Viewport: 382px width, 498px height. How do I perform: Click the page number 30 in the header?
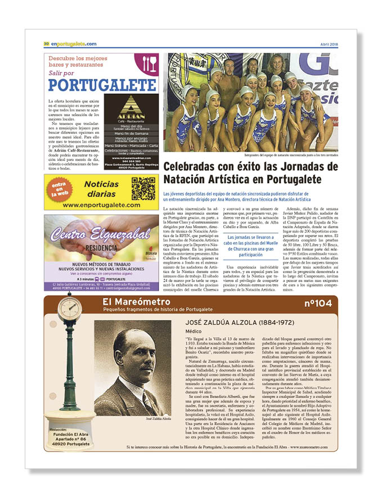click(x=46, y=44)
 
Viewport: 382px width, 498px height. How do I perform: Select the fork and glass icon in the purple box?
click(x=150, y=63)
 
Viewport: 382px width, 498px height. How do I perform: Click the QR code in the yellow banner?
click(x=143, y=188)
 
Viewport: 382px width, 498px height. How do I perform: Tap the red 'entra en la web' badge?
click(x=59, y=188)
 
